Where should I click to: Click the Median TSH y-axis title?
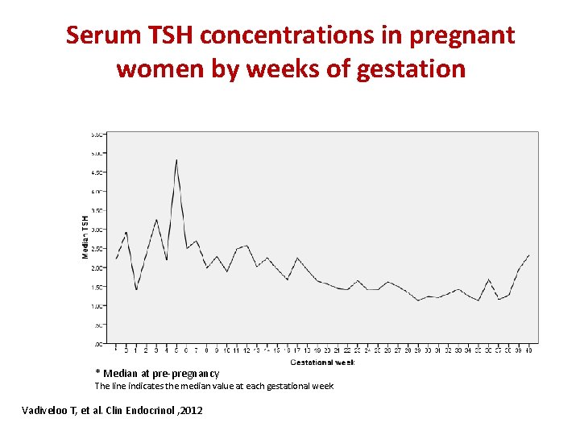85,236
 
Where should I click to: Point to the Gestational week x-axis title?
322,362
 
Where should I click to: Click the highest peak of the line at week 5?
176,159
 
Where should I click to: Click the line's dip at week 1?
136,290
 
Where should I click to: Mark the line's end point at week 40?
529,255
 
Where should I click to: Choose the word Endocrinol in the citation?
146,412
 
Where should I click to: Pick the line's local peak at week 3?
156,219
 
